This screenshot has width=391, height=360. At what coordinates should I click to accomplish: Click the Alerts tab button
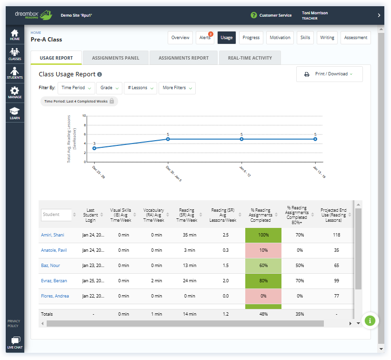pos(205,38)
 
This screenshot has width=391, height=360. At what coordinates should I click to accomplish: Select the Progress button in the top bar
pos(251,38)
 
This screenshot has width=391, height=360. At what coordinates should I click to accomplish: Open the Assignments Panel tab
pos(115,58)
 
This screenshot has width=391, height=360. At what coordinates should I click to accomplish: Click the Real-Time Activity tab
pos(250,58)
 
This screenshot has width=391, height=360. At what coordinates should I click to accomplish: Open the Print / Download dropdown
pos(329,74)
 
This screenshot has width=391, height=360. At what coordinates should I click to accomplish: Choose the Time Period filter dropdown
pos(76,88)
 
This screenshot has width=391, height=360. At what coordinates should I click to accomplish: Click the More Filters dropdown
pos(177,88)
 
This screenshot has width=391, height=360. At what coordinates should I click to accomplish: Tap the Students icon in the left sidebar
pos(15,73)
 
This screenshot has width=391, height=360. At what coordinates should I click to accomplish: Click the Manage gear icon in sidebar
pos(15,93)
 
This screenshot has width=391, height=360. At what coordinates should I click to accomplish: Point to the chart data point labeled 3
pos(94,148)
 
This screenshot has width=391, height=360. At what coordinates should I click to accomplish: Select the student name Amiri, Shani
pos(52,235)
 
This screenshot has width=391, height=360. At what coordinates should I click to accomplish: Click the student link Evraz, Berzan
pos(53,281)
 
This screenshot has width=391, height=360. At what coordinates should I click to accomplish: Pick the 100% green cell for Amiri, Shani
pos(263,235)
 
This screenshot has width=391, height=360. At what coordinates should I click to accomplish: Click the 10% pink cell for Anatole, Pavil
pos(263,250)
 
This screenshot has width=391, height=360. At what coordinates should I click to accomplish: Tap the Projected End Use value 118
pos(336,235)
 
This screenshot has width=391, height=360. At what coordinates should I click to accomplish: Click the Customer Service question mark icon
pos(254,15)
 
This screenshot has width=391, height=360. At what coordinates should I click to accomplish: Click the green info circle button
pos(370,320)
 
